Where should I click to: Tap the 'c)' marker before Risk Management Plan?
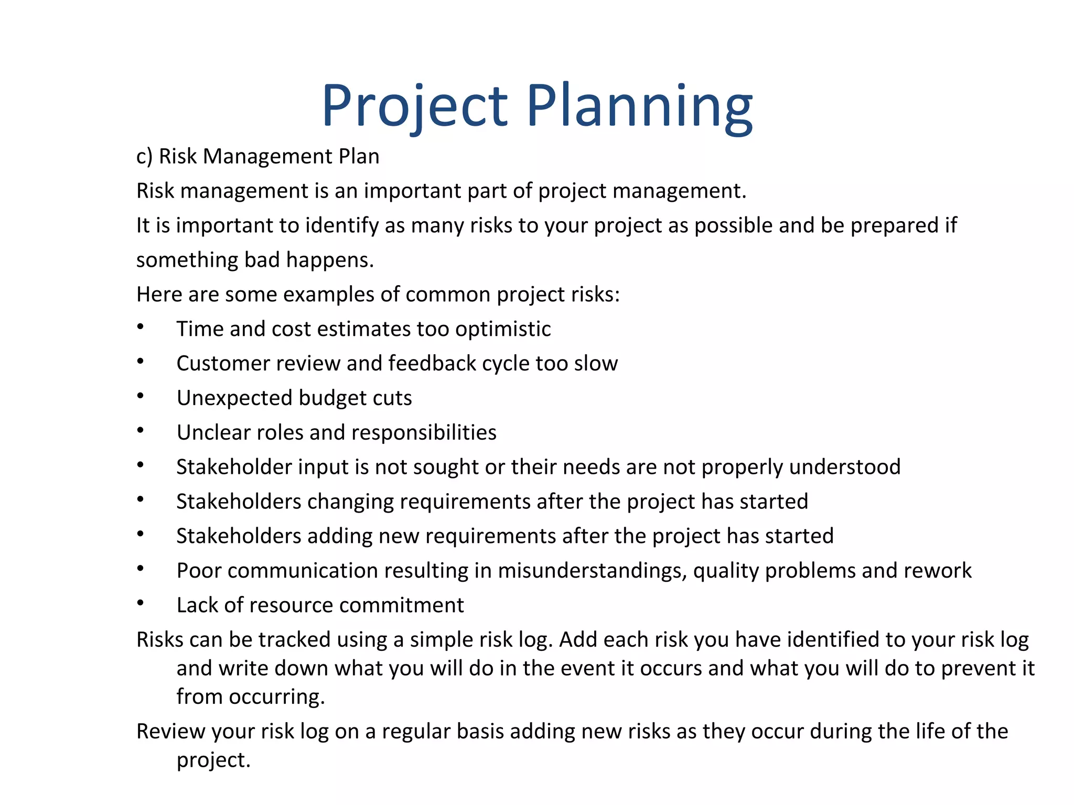coord(144,156)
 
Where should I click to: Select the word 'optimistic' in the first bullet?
coord(503,329)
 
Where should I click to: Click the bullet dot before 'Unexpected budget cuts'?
coord(140,396)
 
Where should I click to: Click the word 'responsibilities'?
coord(424,432)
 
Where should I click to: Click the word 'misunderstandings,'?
coord(592,571)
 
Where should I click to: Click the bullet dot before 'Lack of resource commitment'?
coord(140,603)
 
